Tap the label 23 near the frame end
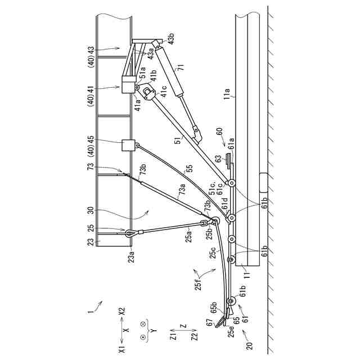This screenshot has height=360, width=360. (x=91, y=242)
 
